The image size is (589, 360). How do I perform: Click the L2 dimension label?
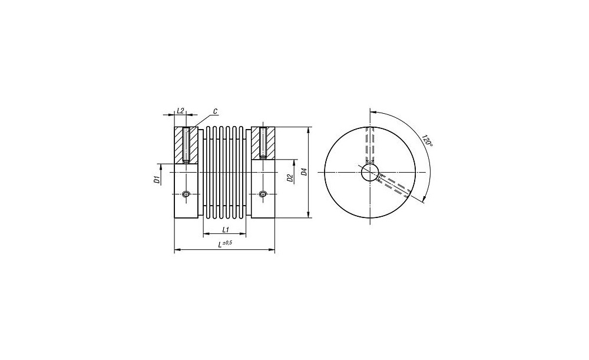(x=180, y=111)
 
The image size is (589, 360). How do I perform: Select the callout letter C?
(x=215, y=111)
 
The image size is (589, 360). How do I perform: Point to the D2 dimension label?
(x=290, y=178)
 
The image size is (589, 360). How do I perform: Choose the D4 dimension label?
(x=305, y=172)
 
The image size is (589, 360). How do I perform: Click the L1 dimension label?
(x=226, y=229)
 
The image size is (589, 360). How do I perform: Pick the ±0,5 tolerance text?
(x=227, y=243)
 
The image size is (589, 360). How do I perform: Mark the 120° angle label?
(x=427, y=140)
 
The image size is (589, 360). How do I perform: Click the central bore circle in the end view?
(x=370, y=173)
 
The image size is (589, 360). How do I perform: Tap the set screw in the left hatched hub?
(x=186, y=145)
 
